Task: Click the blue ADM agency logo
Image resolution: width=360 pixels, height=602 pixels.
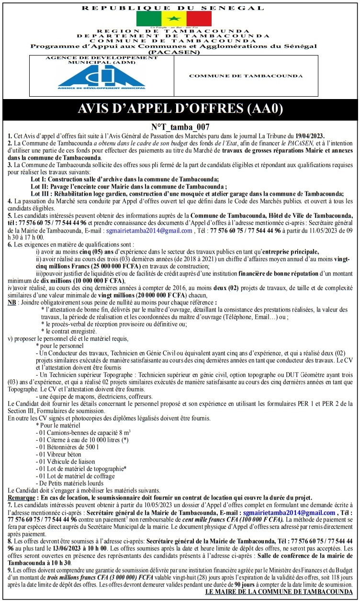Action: (x=101, y=76)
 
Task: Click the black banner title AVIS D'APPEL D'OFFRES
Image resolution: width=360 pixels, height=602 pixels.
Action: (x=180, y=109)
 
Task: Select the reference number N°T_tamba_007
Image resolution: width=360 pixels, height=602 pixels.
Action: (x=180, y=127)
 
